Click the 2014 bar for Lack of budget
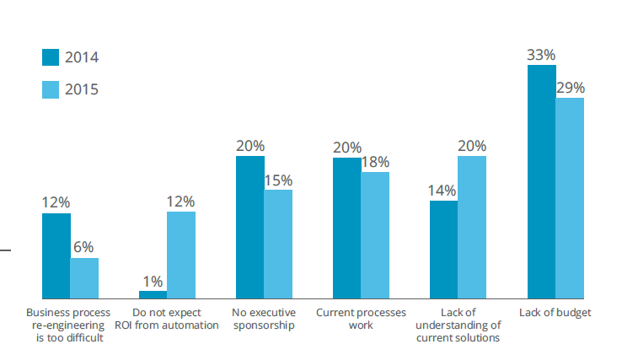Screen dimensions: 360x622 click(x=541, y=182)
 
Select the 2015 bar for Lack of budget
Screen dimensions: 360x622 click(x=570, y=198)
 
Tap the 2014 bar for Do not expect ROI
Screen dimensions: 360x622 click(x=153, y=294)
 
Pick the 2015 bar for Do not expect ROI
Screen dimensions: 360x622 click(x=181, y=255)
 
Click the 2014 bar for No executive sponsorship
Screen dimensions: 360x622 click(x=249, y=228)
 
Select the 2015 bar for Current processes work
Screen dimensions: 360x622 click(x=375, y=235)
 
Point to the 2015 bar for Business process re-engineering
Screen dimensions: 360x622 click(x=84, y=278)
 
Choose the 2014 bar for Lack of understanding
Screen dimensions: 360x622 click(x=443, y=250)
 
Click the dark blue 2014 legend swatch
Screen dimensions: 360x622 click(x=51, y=57)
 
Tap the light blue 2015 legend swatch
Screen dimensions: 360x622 click(x=51, y=88)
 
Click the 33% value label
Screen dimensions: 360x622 click(x=541, y=55)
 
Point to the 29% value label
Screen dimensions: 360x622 click(x=570, y=88)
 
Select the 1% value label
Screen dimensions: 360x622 click(x=153, y=281)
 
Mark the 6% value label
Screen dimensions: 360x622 click(x=84, y=248)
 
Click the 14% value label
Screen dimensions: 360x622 click(x=443, y=191)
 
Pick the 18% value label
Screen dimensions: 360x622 click(x=375, y=162)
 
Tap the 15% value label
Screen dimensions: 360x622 click(x=278, y=180)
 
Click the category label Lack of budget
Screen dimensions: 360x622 click(x=555, y=312)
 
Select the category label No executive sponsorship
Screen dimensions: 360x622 click(x=264, y=319)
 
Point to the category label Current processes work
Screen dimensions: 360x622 click(x=361, y=319)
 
